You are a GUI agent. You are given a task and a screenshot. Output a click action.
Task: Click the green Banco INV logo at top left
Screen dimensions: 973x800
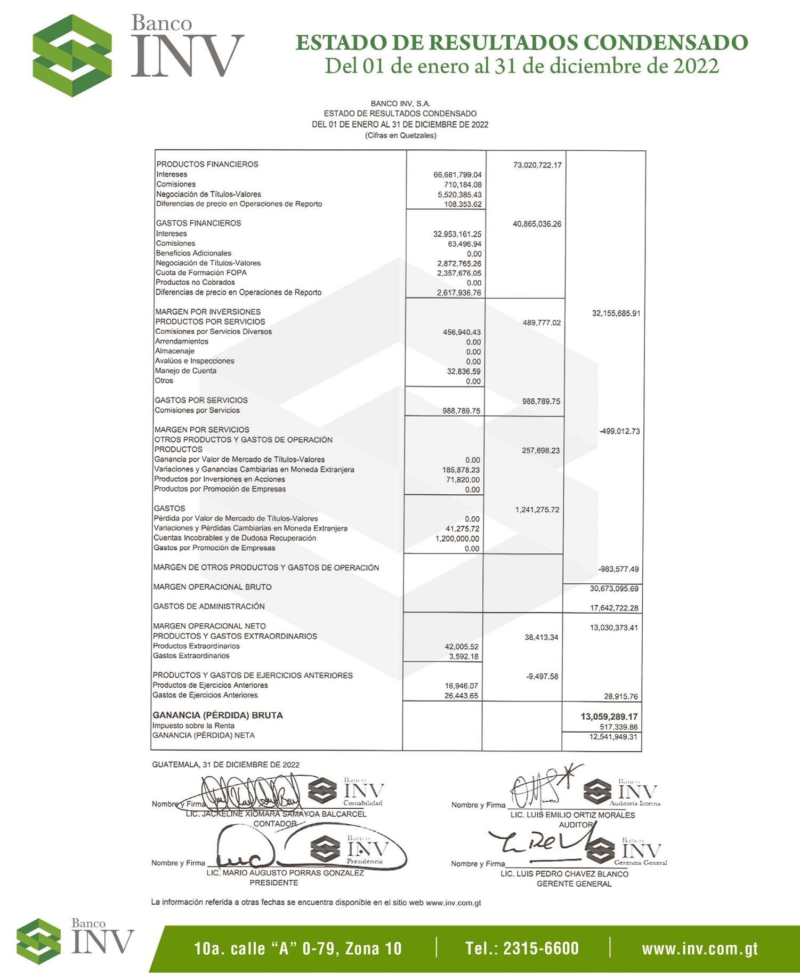click(x=72, y=55)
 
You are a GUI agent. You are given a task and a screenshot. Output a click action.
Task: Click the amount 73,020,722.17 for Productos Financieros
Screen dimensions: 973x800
click(x=537, y=165)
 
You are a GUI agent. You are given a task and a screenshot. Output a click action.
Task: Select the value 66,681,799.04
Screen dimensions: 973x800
click(x=457, y=175)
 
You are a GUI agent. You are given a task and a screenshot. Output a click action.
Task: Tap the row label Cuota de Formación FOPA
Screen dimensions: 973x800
click(x=201, y=272)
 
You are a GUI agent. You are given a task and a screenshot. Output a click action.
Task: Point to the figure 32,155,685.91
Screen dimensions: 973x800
click(x=616, y=313)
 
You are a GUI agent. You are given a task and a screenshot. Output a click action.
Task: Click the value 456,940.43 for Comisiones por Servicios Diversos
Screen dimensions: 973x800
click(x=462, y=332)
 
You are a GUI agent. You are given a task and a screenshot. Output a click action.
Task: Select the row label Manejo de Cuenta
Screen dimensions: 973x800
click(x=185, y=371)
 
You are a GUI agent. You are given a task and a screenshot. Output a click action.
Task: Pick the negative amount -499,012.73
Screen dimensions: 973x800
click(x=619, y=431)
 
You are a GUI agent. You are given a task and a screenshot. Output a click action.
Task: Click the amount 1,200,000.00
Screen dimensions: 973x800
click(x=457, y=538)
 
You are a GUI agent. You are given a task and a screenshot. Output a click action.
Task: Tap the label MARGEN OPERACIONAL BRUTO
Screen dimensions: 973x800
click(x=212, y=587)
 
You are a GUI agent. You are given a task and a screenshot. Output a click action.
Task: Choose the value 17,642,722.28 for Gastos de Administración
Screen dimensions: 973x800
click(x=614, y=608)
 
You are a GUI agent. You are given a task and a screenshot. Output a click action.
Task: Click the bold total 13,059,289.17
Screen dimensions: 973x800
click(x=609, y=717)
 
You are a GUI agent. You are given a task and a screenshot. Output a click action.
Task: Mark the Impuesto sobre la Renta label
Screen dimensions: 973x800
click(x=193, y=726)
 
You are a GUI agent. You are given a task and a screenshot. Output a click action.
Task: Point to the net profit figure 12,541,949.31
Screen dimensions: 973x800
click(x=613, y=737)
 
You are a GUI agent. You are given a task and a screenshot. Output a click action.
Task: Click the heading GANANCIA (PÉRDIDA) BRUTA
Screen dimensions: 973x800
click(x=217, y=715)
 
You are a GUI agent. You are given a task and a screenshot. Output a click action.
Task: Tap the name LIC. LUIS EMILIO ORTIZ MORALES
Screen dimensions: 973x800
click(x=572, y=815)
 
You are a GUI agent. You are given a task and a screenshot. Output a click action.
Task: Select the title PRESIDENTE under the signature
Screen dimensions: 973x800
click(x=273, y=882)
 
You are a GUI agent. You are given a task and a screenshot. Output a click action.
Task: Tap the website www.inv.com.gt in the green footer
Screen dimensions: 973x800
click(x=700, y=948)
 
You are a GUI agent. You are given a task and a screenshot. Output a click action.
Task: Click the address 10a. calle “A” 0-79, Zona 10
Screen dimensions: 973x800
click(x=298, y=948)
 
